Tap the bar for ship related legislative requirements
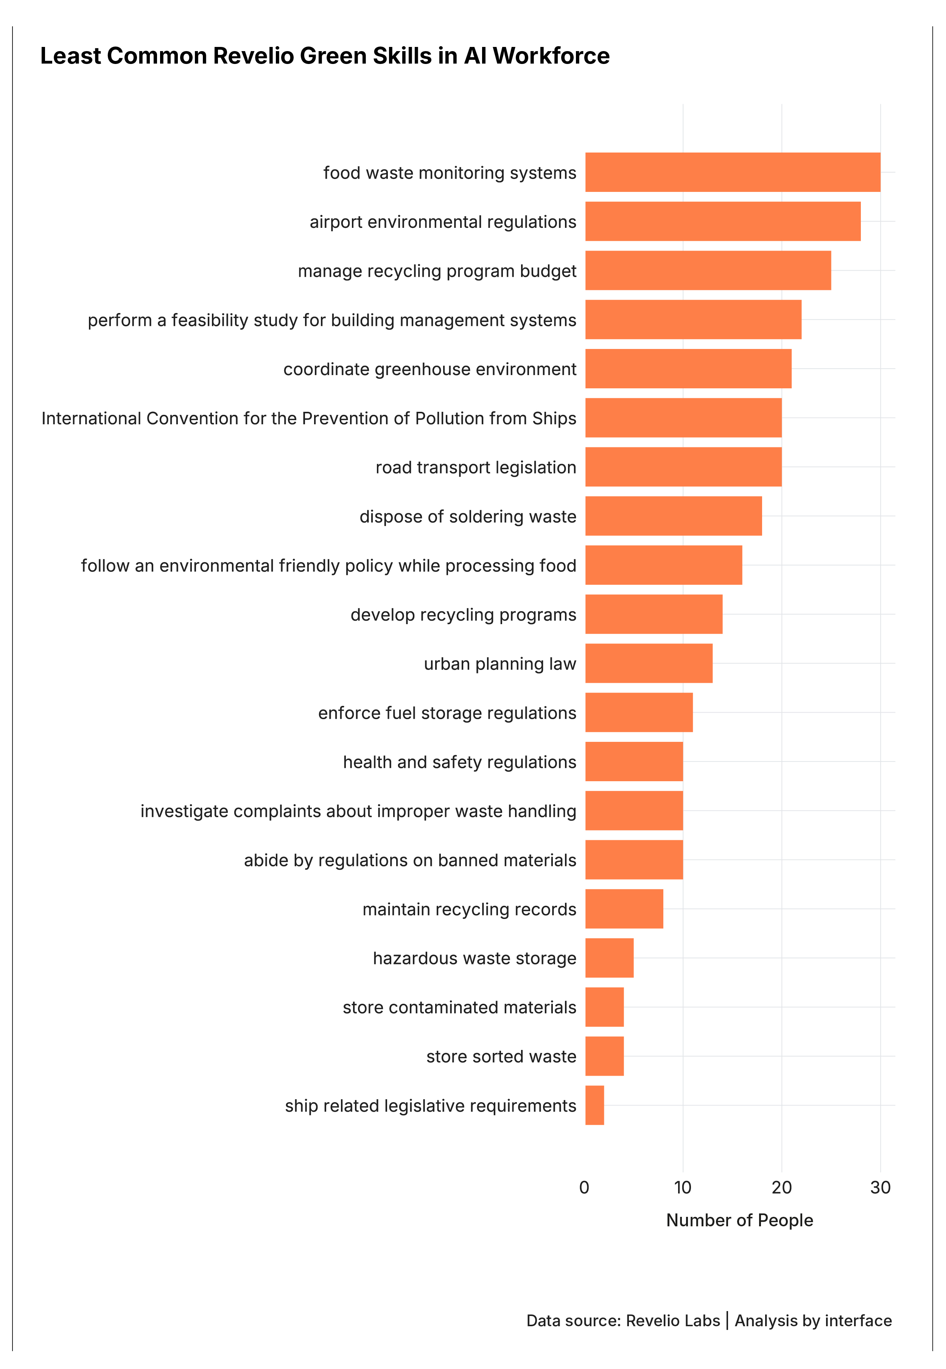(x=594, y=1105)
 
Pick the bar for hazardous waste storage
(x=609, y=958)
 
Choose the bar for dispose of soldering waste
(x=673, y=516)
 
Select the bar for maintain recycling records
(x=624, y=908)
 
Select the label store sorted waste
(x=501, y=1056)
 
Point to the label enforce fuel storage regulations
(x=447, y=713)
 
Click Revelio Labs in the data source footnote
(x=673, y=1321)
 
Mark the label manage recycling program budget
(x=437, y=271)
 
